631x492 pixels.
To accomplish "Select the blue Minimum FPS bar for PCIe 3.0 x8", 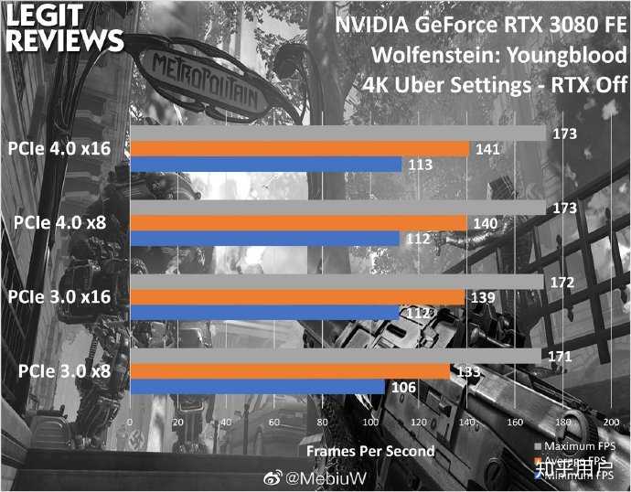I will coord(258,388).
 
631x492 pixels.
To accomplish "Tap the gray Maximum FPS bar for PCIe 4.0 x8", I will coord(337,209).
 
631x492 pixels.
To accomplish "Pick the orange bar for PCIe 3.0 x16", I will coord(297,297).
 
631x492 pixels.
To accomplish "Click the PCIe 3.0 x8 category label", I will coord(63,371).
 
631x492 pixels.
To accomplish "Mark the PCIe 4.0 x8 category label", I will coord(63,223).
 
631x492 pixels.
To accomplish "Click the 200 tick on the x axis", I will coord(611,422).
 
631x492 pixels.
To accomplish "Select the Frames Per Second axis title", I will coord(370,450).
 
